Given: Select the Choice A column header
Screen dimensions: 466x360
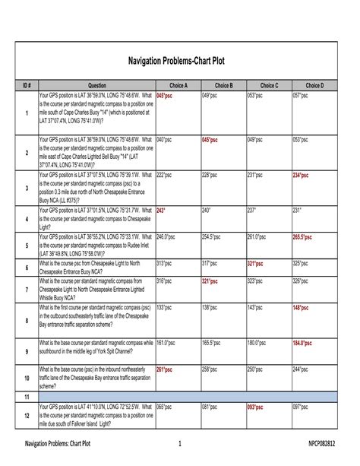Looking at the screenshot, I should [178, 86].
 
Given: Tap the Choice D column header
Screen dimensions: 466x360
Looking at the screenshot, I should [314, 86].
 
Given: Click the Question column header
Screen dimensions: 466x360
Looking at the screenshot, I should [96, 86].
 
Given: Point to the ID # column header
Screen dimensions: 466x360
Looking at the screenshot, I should [27, 86].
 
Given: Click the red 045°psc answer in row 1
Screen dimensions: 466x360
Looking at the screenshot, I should [165, 97].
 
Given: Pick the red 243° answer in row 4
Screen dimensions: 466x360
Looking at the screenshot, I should [161, 208].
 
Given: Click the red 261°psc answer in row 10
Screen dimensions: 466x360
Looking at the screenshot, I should [165, 369].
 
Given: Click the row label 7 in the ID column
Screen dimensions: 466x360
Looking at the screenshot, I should [27, 290].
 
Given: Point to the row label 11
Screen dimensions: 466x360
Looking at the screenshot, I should [27, 398].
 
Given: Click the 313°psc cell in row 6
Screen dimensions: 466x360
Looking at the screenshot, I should [165, 262].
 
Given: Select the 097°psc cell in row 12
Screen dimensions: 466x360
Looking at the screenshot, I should [302, 407].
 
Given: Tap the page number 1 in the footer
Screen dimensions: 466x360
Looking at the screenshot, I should [180, 443].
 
